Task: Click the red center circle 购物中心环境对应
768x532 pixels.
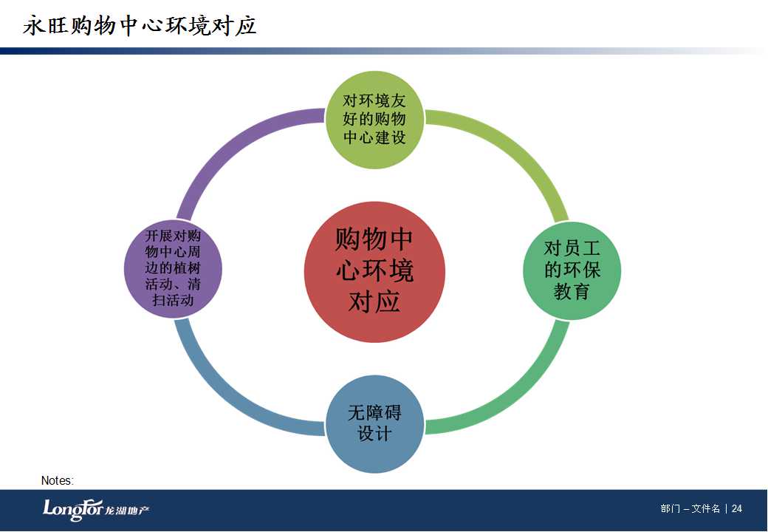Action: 374,272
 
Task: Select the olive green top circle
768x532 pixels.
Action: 374,120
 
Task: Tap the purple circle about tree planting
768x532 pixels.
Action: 173,268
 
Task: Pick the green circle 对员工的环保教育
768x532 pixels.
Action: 572,271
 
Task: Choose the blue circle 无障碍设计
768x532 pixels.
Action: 374,423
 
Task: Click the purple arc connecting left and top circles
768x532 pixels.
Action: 230,143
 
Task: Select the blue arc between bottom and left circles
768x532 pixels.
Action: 230,396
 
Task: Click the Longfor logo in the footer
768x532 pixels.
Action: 73,510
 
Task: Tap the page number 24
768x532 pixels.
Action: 737,508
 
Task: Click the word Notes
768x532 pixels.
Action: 58,480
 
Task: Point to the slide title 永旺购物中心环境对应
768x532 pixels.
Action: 140,25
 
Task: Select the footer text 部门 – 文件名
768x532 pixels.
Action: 690,508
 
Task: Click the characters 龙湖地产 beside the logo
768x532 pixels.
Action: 127,511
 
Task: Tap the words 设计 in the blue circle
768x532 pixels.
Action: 374,434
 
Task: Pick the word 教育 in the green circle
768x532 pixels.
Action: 572,291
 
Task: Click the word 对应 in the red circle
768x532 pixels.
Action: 374,301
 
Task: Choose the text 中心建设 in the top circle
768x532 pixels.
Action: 374,137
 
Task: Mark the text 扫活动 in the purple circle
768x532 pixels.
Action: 173,300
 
